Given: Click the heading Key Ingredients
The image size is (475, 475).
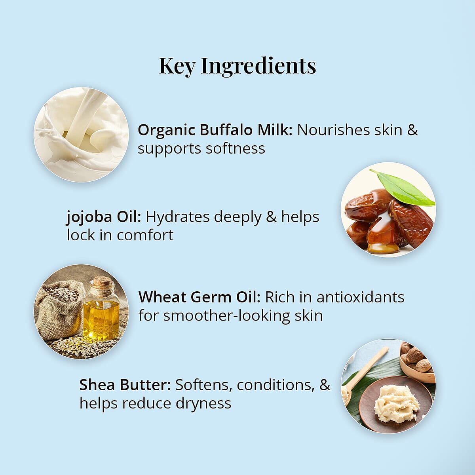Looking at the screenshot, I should pyautogui.click(x=237, y=66).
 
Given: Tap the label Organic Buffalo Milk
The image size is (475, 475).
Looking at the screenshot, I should pyautogui.click(x=215, y=130).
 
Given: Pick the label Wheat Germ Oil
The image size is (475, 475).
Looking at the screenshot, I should pyautogui.click(x=199, y=297).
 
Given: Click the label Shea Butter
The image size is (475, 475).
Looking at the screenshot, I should pyautogui.click(x=125, y=385).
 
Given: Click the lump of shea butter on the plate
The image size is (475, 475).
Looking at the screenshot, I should pyautogui.click(x=396, y=404).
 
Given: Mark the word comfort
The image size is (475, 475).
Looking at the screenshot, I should pyautogui.click(x=145, y=236).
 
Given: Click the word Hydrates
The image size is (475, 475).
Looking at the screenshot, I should pyautogui.click(x=177, y=217).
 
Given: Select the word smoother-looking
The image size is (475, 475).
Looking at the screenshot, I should pyautogui.click(x=226, y=316).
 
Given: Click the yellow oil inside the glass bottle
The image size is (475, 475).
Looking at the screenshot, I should pyautogui.click(x=101, y=319).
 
